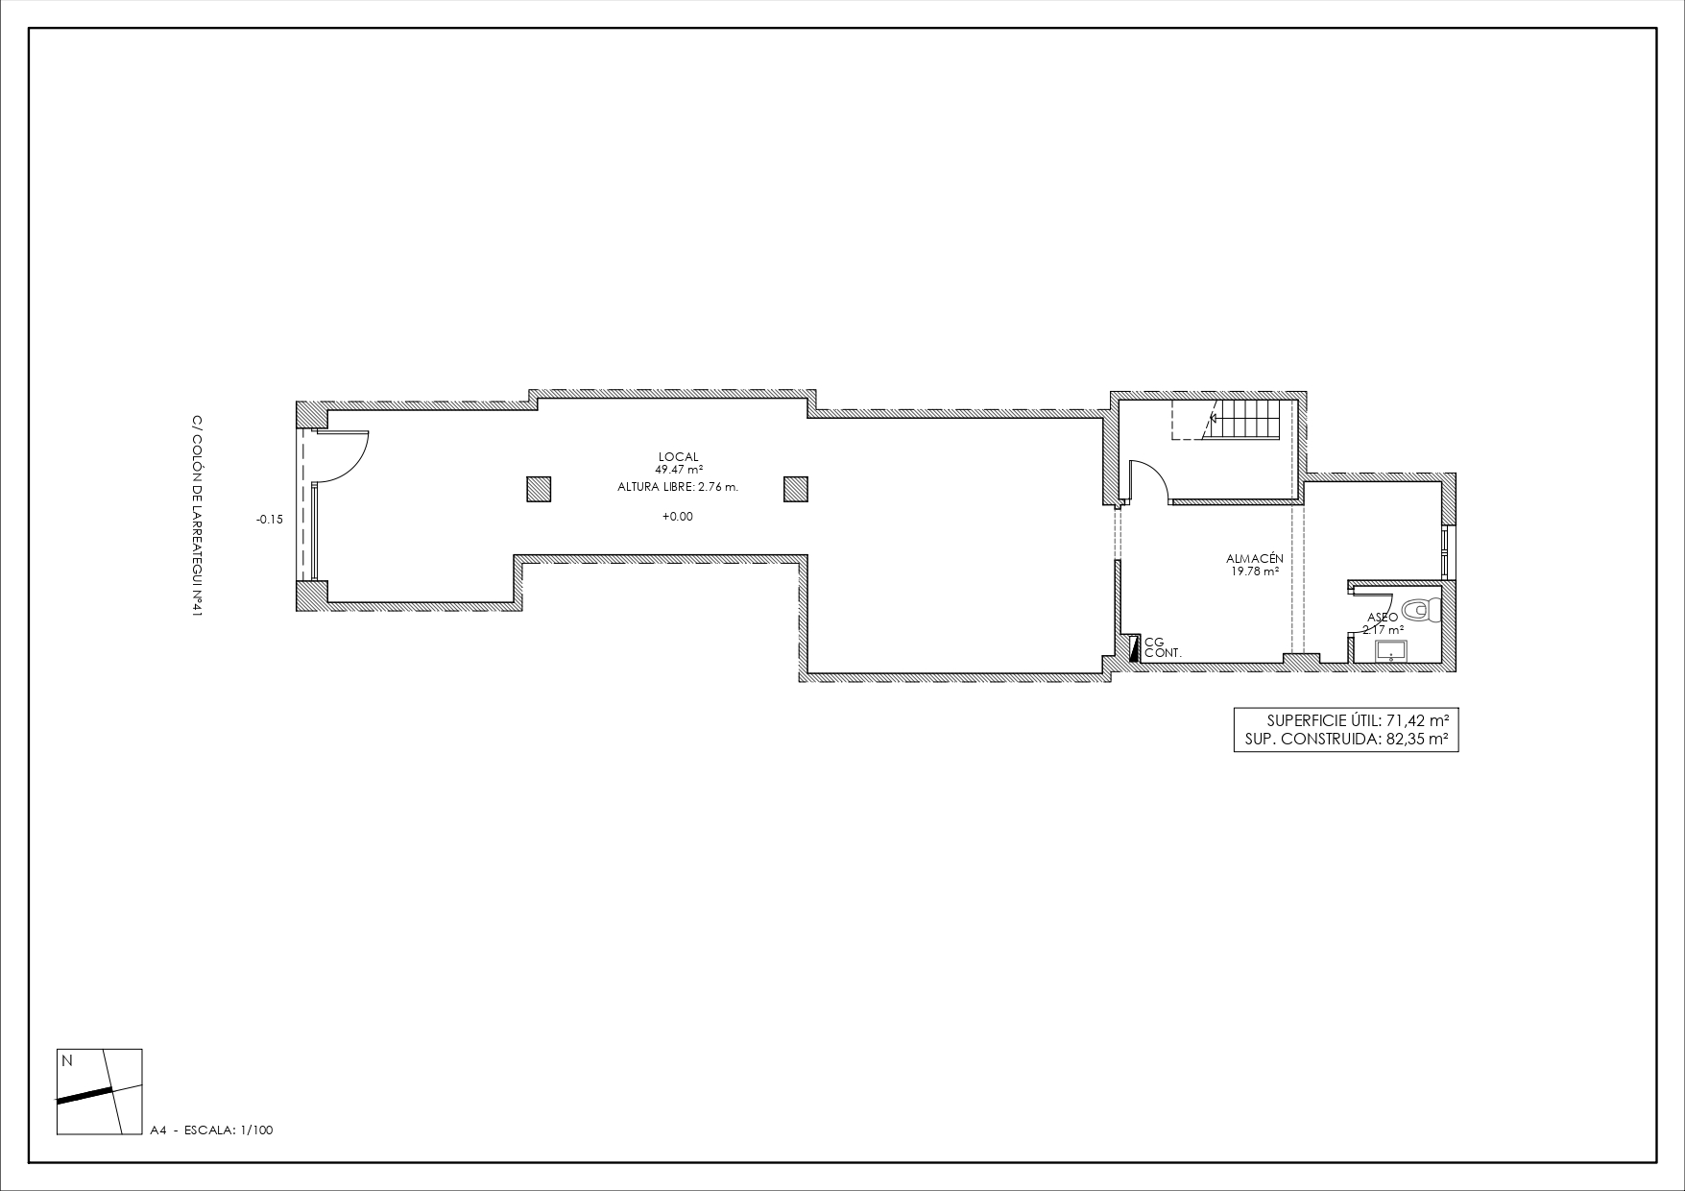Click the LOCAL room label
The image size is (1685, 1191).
678,457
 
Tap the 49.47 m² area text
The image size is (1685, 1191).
679,470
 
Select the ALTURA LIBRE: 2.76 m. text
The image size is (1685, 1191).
678,487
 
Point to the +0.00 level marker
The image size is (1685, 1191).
677,517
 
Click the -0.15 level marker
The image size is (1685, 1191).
270,520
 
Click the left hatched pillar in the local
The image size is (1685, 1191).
539,489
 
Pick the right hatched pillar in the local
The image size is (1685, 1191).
796,489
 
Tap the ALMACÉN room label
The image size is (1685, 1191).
1254,559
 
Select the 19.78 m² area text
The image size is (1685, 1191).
1254,571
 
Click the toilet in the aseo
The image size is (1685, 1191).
1422,609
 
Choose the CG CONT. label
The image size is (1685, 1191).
1162,647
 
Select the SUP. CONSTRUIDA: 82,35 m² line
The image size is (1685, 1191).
1339,740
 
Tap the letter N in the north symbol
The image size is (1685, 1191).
67,1061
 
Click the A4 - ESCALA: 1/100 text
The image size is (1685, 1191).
212,1130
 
